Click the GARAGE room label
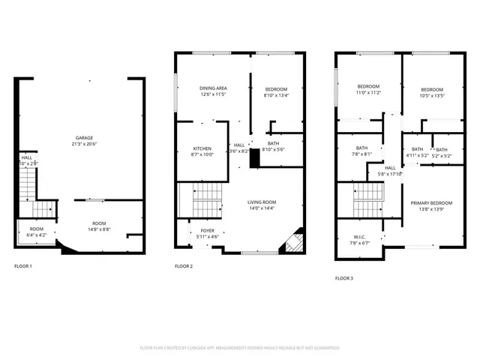[83, 138]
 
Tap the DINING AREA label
[213, 88]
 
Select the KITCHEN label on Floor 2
[202, 148]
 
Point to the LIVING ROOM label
[262, 202]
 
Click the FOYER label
[207, 231]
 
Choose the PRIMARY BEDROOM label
[431, 203]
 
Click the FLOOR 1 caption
[23, 266]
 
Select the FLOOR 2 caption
[184, 266]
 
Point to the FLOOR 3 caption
[344, 278]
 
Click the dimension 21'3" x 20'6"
[83, 144]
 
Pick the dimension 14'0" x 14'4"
[262, 208]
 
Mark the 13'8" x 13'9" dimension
[431, 209]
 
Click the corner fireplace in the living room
[292, 241]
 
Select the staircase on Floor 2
[202, 199]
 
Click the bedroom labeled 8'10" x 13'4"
[276, 91]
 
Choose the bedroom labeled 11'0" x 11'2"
[368, 90]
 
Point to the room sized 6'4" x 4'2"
[36, 232]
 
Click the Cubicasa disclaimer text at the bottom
[240, 348]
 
